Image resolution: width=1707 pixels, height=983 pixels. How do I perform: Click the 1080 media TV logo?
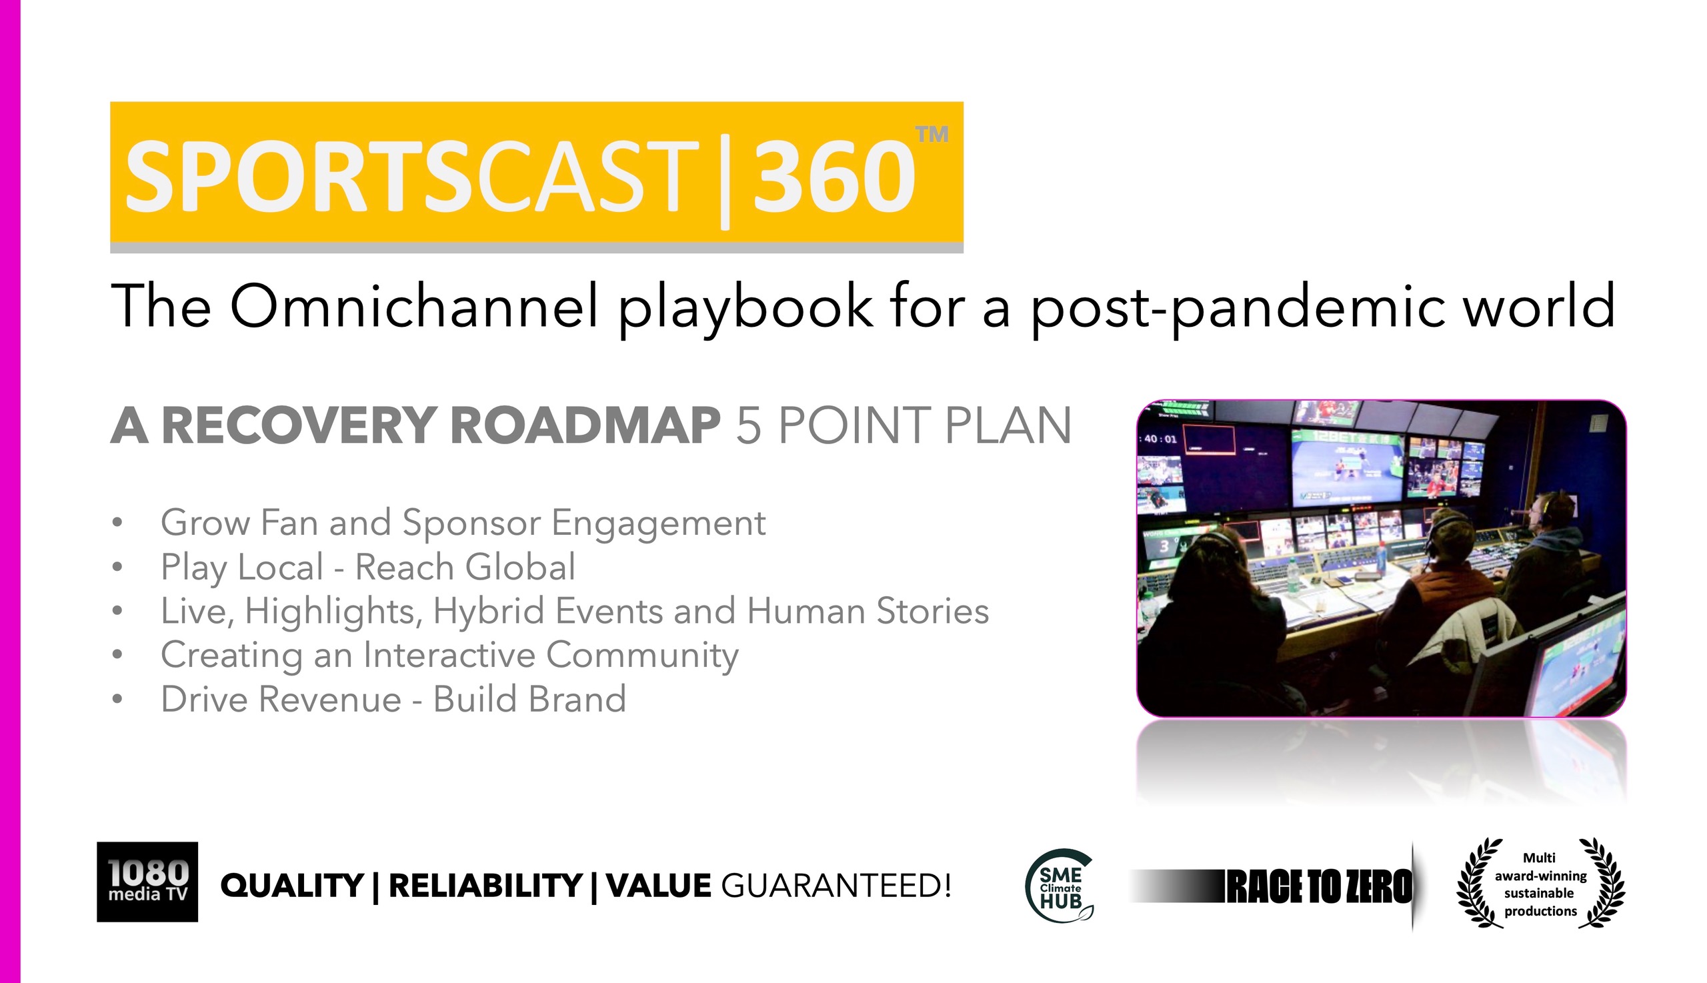(x=147, y=882)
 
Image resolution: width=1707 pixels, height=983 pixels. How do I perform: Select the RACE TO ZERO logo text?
(x=1318, y=886)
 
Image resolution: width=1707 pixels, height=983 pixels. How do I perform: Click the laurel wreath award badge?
(x=1540, y=883)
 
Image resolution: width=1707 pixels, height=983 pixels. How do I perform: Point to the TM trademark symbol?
(x=932, y=133)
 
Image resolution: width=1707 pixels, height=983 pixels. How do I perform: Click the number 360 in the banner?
(x=834, y=176)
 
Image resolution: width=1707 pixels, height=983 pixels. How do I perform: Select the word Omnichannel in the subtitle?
(x=415, y=306)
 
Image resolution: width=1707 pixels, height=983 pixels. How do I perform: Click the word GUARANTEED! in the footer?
(x=835, y=886)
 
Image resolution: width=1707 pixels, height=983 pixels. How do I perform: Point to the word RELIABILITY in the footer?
(x=485, y=886)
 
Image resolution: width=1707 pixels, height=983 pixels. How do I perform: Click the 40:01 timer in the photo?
(x=1159, y=439)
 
